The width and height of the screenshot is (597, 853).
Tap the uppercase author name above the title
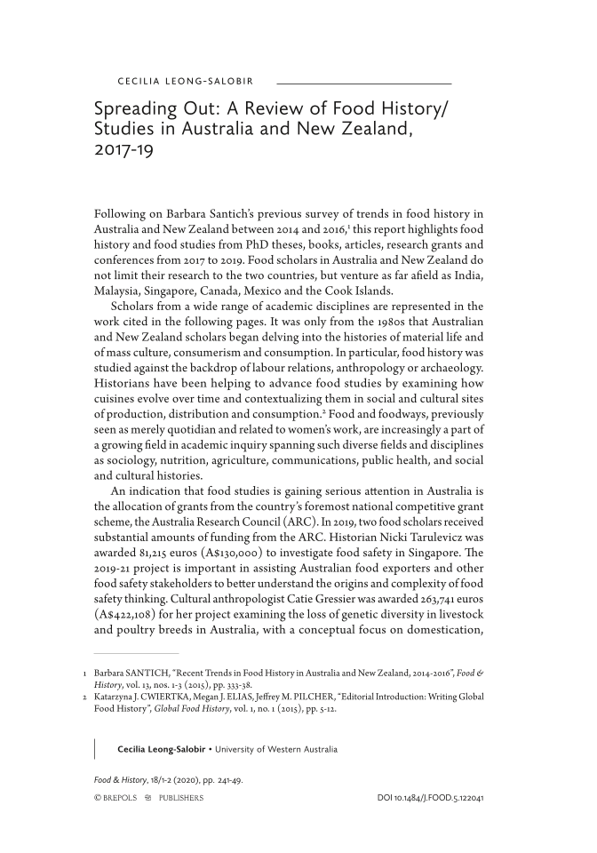point(186,83)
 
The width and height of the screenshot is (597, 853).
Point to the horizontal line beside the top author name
point(364,83)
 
